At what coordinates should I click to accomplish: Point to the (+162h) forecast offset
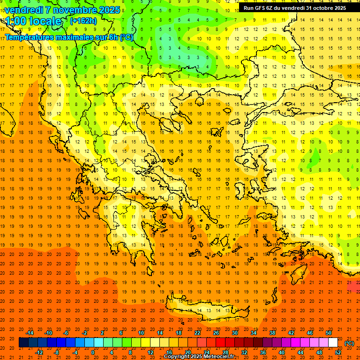pos(83,21)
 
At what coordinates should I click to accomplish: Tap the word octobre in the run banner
pos(321,8)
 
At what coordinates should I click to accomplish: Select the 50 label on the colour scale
pos(328,332)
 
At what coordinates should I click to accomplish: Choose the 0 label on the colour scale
pos(93,352)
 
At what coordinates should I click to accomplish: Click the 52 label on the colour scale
pos(338,352)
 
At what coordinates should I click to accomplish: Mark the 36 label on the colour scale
pos(263,352)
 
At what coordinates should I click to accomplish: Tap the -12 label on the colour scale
pos(39,352)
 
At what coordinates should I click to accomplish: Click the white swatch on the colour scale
pos(333,343)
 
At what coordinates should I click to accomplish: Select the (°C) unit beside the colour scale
pos(349,343)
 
